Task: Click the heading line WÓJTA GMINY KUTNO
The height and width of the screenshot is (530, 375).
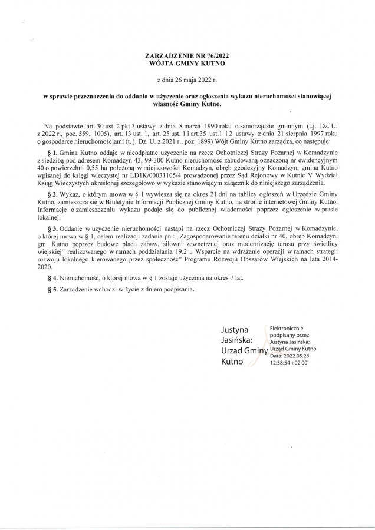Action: (x=187, y=62)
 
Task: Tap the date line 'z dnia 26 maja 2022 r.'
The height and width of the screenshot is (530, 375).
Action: (x=187, y=79)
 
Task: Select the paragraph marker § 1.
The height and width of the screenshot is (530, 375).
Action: (x=56, y=152)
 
